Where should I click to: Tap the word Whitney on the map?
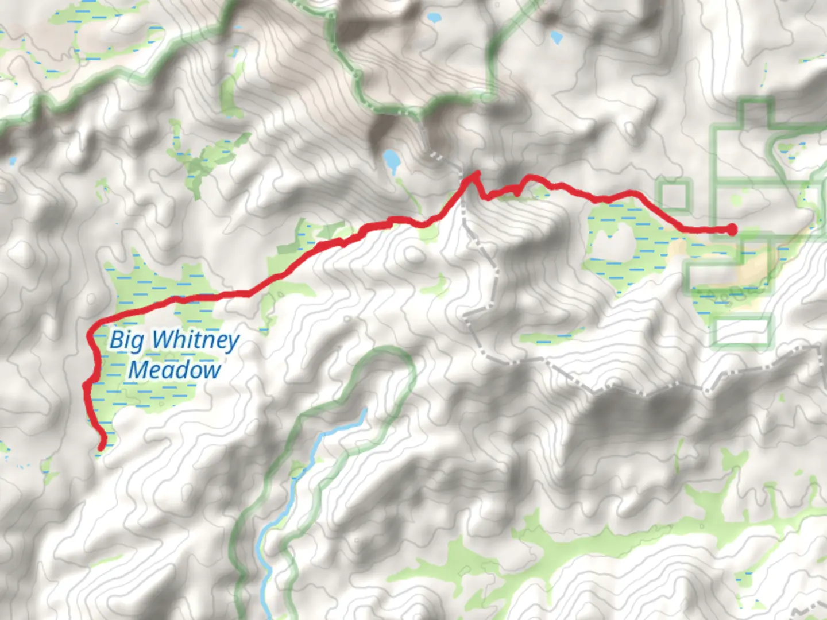(x=195, y=340)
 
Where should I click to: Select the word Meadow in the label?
(x=174, y=370)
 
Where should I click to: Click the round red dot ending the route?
(x=732, y=230)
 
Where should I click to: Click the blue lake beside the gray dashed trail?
(x=392, y=160)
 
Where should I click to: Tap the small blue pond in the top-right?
(x=555, y=38)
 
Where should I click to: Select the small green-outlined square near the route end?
(x=675, y=195)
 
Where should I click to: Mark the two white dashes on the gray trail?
(x=436, y=156)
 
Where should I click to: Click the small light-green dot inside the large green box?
(x=737, y=200)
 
